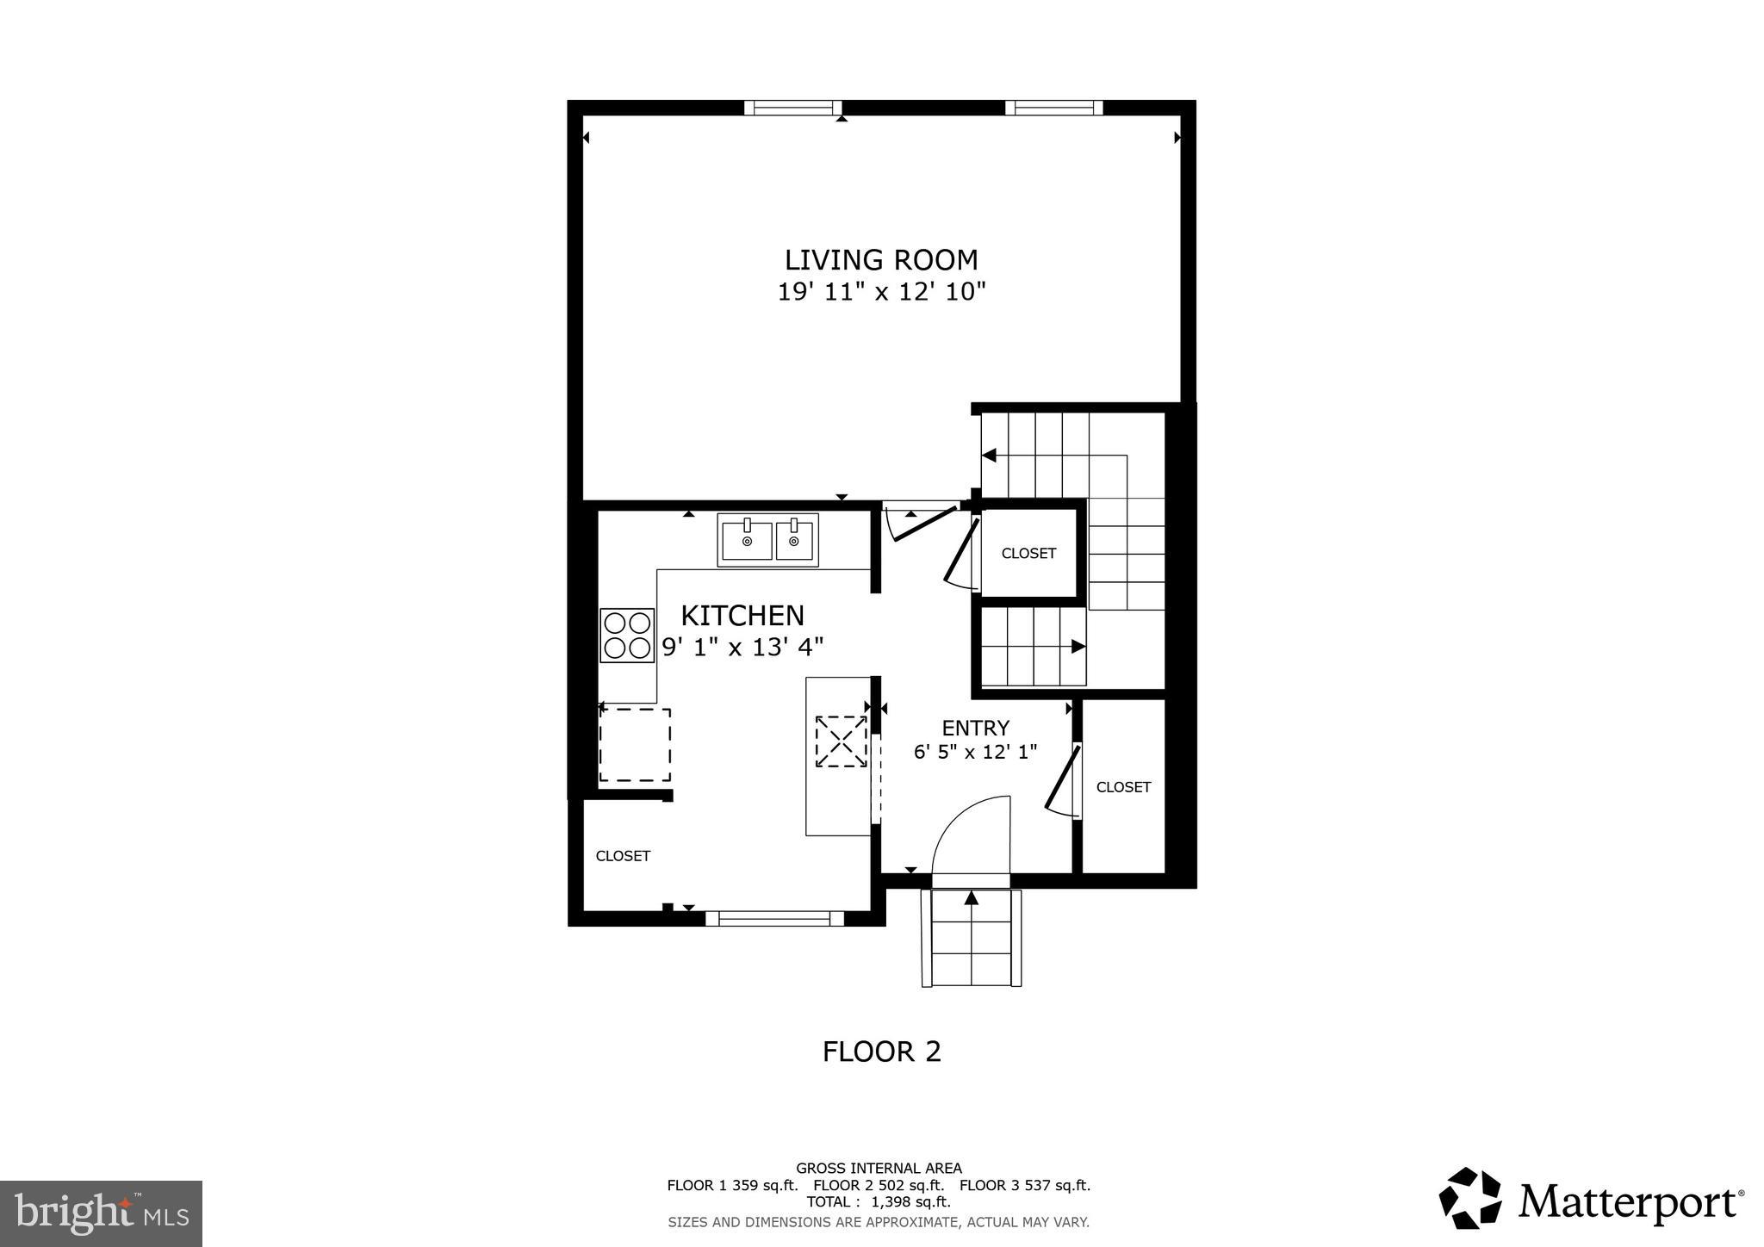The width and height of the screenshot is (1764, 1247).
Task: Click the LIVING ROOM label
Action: click(x=880, y=260)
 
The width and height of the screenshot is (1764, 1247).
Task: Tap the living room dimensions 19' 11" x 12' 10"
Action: click(x=880, y=293)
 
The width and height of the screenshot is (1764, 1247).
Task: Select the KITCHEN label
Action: click(x=742, y=616)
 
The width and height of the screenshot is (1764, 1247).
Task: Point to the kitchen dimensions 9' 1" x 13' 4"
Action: click(x=742, y=647)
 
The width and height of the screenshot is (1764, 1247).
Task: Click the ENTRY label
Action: click(x=975, y=729)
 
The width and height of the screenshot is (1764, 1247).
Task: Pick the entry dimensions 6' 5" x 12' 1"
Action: click(x=975, y=752)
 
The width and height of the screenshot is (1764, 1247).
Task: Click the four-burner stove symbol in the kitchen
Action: click(x=627, y=636)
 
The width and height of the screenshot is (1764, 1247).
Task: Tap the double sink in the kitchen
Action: click(x=767, y=540)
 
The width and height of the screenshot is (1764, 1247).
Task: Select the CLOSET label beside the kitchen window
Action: click(x=623, y=856)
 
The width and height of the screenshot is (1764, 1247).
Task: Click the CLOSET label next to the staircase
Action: click(x=1028, y=554)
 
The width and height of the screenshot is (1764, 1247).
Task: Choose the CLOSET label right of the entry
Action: click(x=1123, y=787)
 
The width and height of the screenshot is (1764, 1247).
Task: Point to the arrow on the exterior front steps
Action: click(x=972, y=898)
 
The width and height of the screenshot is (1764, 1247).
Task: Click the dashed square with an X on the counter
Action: click(x=842, y=741)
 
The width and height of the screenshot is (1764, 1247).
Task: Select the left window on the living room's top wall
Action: click(x=792, y=108)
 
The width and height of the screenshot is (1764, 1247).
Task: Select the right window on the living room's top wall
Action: click(x=1053, y=108)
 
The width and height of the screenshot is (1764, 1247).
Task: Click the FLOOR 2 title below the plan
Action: click(x=881, y=1052)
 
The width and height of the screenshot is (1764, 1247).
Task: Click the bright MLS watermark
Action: click(x=101, y=1213)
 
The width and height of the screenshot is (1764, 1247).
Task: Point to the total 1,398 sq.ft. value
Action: click(x=912, y=1202)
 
